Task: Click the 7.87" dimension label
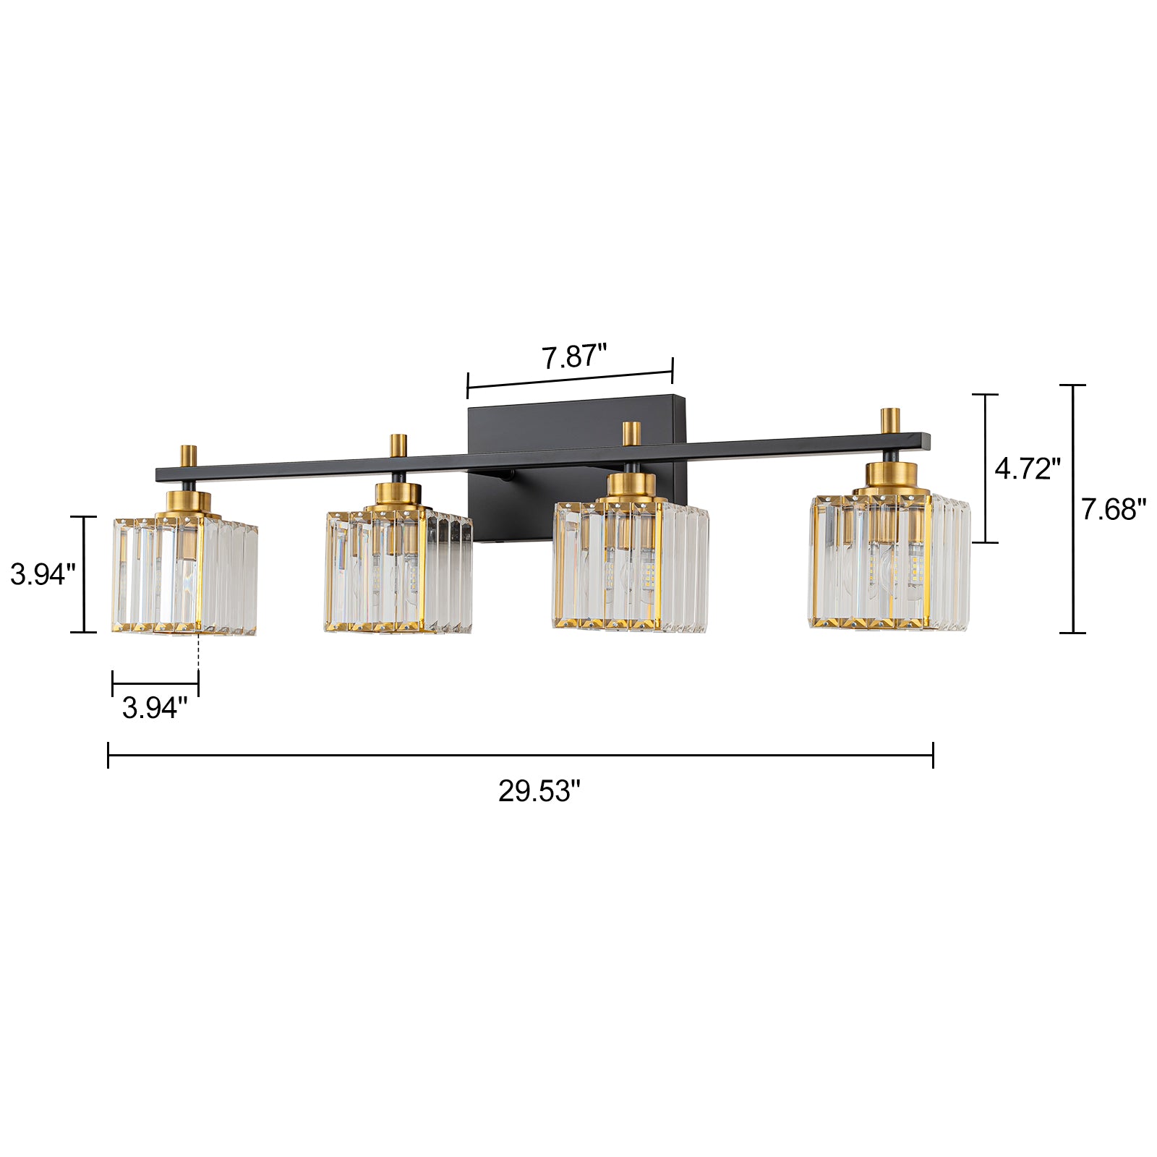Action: tap(574, 357)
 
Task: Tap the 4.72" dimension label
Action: tap(1028, 469)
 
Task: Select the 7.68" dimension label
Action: tap(1114, 510)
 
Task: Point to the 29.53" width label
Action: tap(539, 791)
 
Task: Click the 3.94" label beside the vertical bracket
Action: tap(43, 575)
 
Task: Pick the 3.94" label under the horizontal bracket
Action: tap(155, 708)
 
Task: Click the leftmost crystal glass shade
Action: tap(185, 576)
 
